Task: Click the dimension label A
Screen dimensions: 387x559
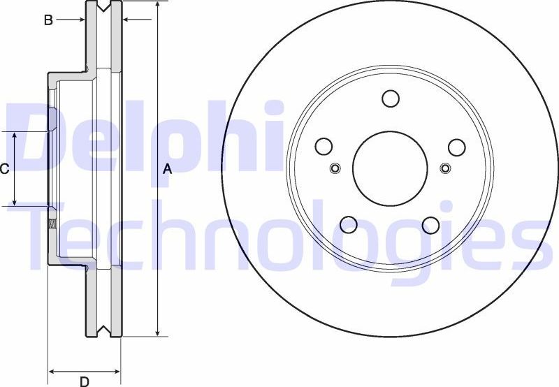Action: (167, 168)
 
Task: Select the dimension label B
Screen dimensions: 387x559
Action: (48, 20)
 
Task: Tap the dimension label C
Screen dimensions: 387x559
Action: (4, 168)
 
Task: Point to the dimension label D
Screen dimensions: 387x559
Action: (84, 381)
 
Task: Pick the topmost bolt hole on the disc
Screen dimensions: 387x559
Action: (391, 99)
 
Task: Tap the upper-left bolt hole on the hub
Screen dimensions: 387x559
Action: (324, 147)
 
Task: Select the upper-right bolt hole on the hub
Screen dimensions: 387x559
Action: (456, 147)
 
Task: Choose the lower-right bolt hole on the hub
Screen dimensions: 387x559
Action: (431, 225)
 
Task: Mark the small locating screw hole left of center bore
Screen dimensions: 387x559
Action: (335, 168)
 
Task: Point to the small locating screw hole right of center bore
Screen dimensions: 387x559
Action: (446, 168)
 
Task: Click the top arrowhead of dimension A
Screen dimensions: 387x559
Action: (159, 6)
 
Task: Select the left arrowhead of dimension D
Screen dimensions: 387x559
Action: (52, 370)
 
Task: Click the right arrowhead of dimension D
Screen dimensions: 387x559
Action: (117, 370)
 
